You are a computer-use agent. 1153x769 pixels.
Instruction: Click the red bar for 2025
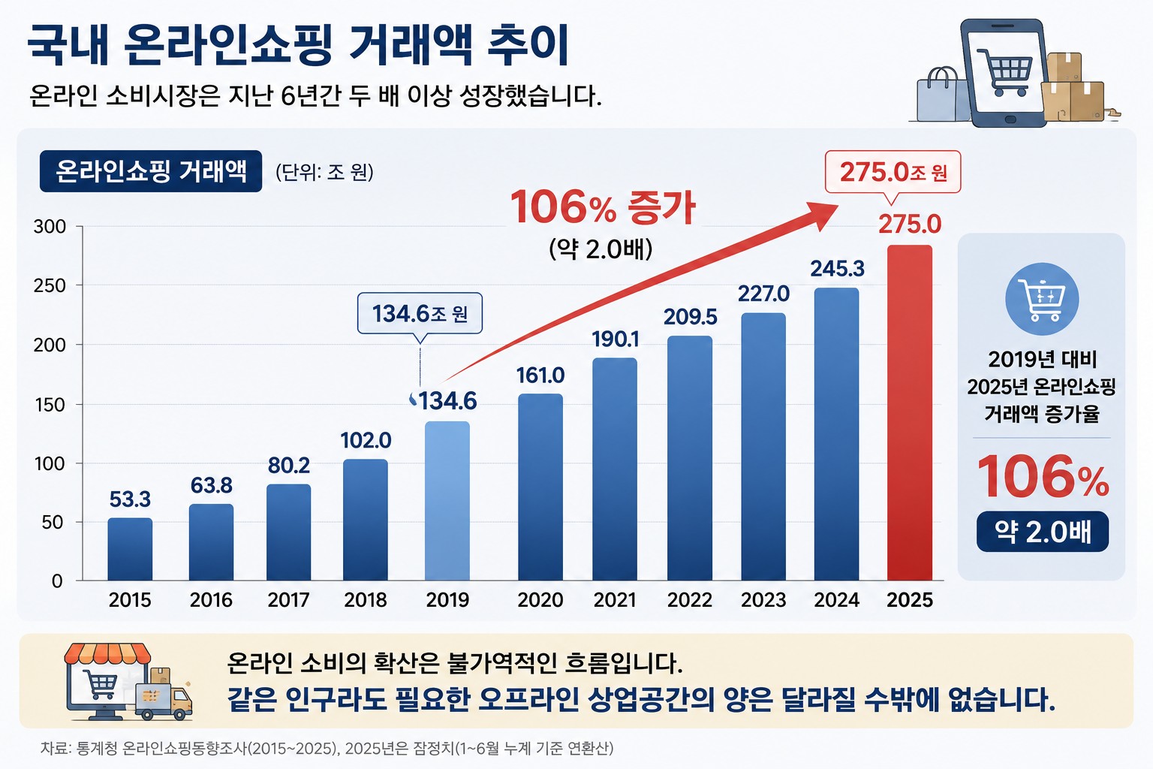click(910, 412)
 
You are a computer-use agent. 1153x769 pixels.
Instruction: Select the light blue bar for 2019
click(447, 501)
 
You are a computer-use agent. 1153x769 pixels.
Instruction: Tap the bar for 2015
click(130, 549)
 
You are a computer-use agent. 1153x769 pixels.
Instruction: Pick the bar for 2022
click(690, 458)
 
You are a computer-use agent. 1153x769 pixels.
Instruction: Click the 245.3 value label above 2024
click(838, 268)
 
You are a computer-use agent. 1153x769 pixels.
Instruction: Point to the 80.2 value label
click(289, 465)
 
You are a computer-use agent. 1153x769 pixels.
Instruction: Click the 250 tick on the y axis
click(50, 285)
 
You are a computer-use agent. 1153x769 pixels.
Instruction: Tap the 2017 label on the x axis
click(288, 600)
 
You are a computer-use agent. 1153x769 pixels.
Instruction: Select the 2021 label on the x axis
click(615, 600)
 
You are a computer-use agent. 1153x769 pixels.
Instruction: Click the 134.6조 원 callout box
click(420, 313)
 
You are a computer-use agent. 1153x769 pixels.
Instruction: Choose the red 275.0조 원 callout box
click(893, 171)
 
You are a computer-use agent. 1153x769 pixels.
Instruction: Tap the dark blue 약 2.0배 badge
click(1043, 532)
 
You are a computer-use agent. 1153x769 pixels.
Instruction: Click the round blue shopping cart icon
click(1042, 299)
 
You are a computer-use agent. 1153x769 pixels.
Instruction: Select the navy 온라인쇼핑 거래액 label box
click(151, 171)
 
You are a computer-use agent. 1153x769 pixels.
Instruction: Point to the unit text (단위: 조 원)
click(325, 172)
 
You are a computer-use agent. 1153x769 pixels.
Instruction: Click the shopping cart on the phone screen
click(1005, 72)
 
